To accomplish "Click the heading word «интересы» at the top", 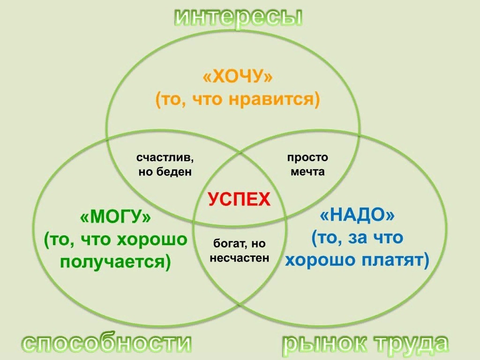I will pos(239,18).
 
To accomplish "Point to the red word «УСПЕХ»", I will pos(239,200).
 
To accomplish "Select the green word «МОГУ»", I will pos(116,217).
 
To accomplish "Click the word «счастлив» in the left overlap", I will pos(165,157).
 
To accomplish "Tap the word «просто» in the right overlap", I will pos(307,157).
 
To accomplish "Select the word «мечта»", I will pos(307,172).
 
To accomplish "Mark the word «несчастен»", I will pos(240,258).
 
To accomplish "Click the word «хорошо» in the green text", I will pos(152,240).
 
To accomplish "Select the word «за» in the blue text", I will pos(356,238).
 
